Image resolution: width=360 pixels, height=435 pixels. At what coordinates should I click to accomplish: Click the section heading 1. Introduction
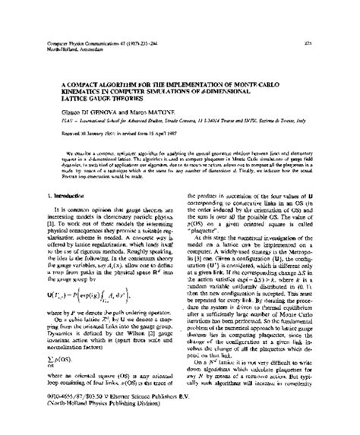tap(52, 195)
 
